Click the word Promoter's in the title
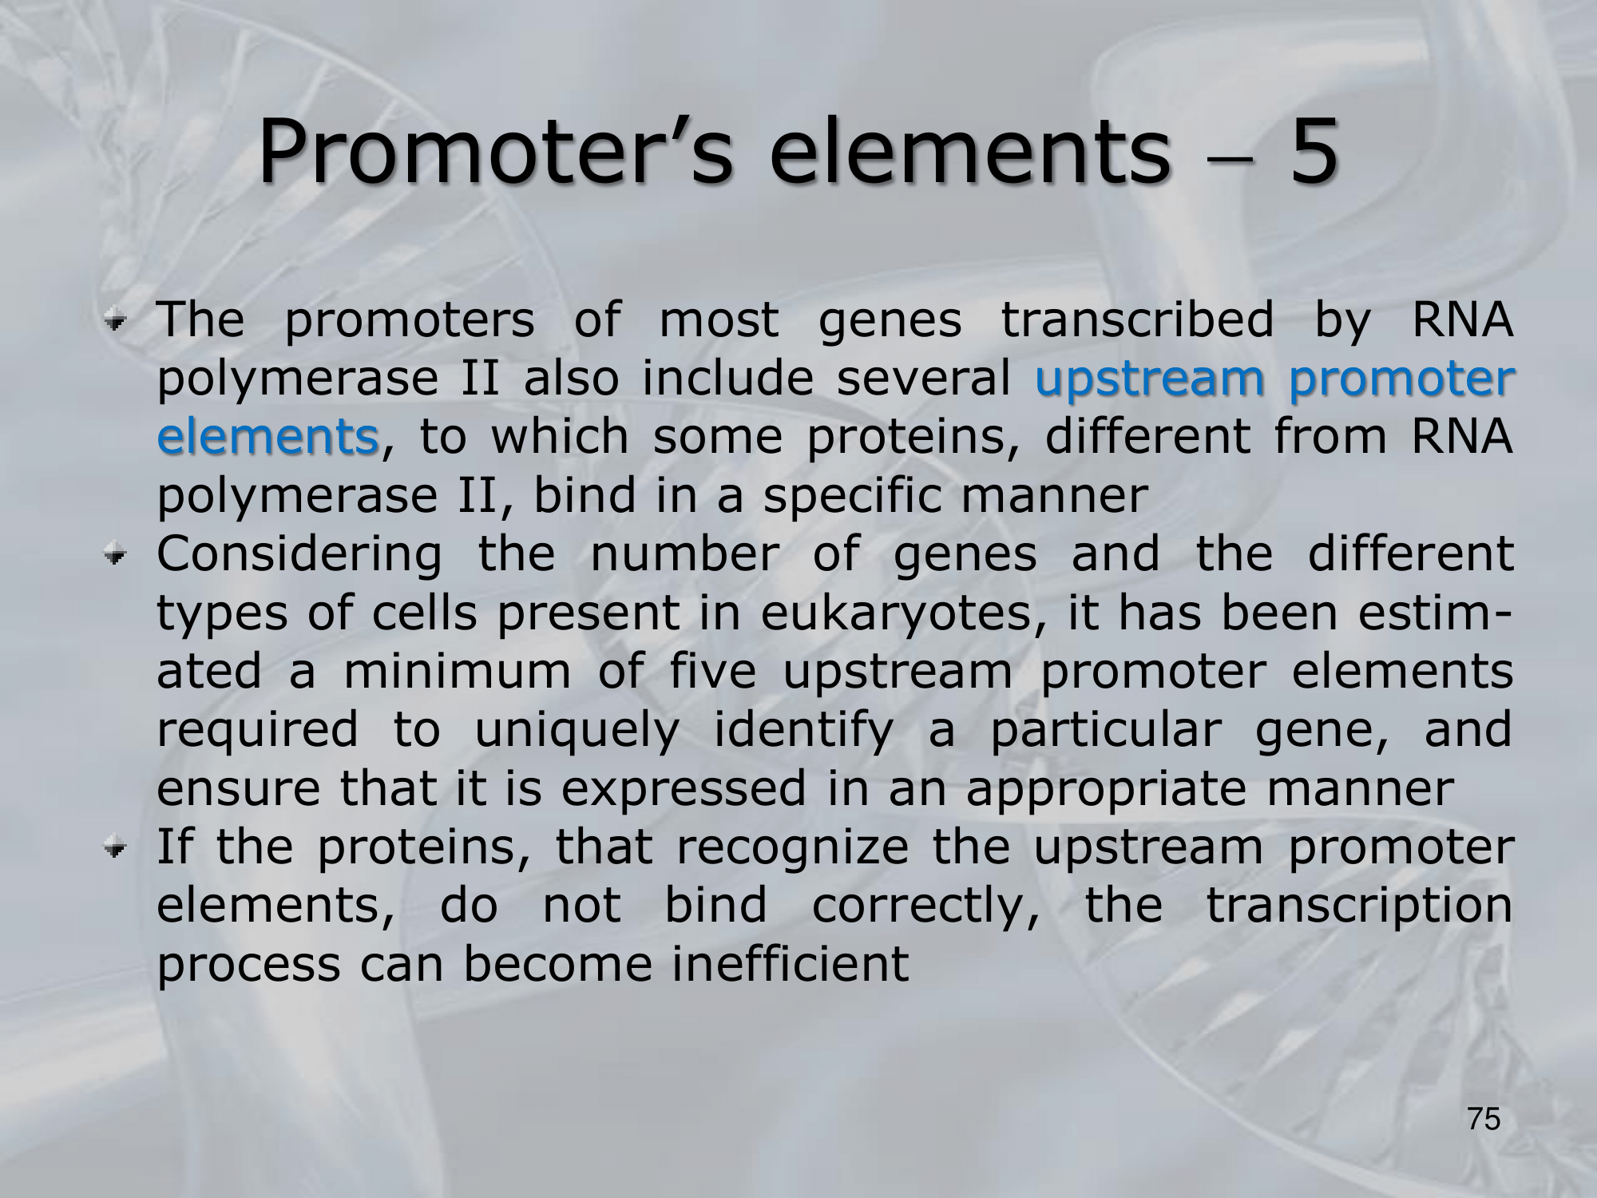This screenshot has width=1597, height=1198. pyautogui.click(x=495, y=152)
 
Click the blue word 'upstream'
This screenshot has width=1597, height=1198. pyautogui.click(x=1150, y=380)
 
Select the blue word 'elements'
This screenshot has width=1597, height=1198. pyautogui.click(x=267, y=437)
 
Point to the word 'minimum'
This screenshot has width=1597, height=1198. pyautogui.click(x=458, y=671)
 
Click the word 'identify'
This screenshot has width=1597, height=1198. pyautogui.click(x=802, y=730)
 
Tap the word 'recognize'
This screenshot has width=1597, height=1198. pyautogui.click(x=792, y=848)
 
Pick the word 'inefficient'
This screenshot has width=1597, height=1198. pyautogui.click(x=790, y=963)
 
